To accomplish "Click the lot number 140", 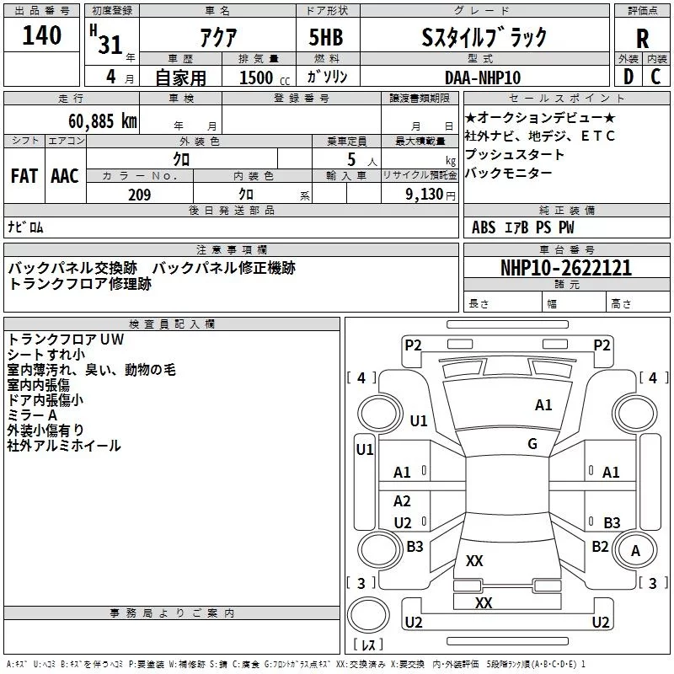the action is point(42,35).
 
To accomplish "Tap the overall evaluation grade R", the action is point(643,39).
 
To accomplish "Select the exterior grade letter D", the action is point(628,76).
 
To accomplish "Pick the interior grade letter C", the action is point(655,76).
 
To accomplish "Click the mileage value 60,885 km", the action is point(98,120).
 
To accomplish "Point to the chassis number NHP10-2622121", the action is point(566,268).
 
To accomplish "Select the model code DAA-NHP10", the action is point(483,77).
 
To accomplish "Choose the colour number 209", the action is point(139,195).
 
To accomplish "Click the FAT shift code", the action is point(24,175).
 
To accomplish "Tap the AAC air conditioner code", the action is point(65,175).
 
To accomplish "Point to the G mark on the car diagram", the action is point(532,443).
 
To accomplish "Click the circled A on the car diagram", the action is point(636,550).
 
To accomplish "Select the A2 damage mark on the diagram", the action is point(403,501).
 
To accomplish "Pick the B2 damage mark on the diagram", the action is point(600,546).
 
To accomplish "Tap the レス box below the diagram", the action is point(367,645).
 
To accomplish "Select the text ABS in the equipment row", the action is point(484,227).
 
